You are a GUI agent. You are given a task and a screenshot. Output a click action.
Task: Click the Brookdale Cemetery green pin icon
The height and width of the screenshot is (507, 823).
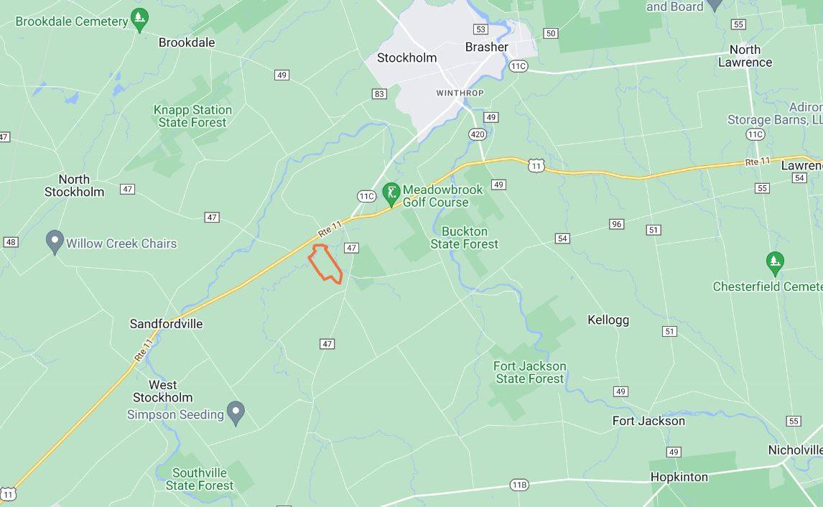point(139,19)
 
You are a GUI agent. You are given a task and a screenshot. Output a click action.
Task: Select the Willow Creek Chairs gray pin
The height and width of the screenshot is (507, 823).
point(55,241)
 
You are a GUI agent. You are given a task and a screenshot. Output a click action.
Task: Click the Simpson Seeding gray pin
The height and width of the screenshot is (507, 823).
point(236,412)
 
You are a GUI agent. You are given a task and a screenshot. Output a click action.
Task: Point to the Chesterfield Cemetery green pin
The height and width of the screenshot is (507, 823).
point(774,262)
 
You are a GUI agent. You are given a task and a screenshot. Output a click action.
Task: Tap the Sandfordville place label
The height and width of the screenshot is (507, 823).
point(166,324)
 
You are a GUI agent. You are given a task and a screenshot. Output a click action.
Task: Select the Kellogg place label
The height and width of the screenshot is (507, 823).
point(608,320)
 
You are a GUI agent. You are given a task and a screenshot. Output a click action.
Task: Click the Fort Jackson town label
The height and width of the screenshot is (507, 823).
point(648,421)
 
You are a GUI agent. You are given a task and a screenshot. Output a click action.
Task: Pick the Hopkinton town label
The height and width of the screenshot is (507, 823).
point(679,477)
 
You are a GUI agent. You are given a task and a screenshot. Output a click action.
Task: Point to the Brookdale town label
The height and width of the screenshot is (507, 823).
point(187,42)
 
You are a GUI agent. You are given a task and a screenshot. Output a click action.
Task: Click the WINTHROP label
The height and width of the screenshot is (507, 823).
point(460,93)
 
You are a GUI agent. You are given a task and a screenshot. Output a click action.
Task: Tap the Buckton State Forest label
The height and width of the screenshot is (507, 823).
point(464,238)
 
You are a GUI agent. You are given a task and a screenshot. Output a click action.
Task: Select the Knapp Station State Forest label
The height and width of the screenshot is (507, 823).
point(192,116)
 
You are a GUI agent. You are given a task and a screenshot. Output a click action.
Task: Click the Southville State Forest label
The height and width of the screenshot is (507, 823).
point(199,479)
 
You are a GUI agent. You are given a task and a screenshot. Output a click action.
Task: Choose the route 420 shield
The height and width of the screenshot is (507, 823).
point(478,134)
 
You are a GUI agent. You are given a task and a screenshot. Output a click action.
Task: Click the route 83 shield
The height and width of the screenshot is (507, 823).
point(379,93)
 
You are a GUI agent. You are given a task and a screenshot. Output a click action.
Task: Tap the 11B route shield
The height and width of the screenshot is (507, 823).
point(519,485)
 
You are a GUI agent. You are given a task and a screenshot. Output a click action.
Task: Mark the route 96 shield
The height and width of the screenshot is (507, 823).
point(616,224)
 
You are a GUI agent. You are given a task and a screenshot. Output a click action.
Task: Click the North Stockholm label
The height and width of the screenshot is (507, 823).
point(74,185)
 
